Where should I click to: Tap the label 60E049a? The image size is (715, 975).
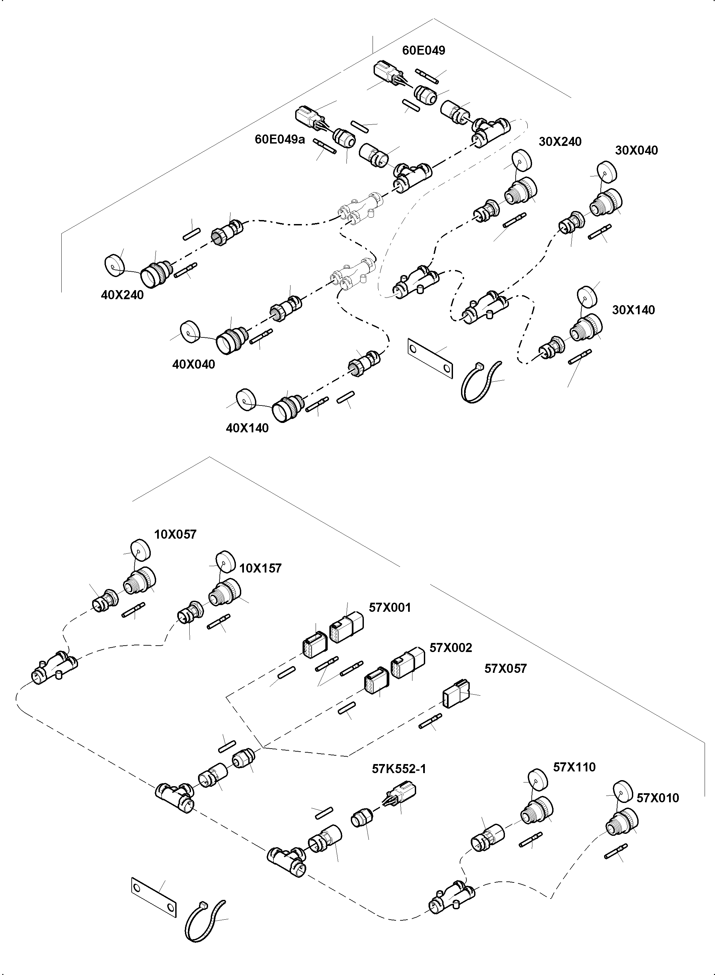279,140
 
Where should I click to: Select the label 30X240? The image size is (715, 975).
560,142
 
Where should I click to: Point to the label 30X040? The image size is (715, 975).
636,151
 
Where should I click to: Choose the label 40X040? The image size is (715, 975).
193,364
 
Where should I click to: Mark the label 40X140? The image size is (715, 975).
247,428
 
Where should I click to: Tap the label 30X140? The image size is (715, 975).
633,310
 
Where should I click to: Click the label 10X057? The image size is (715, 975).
175,535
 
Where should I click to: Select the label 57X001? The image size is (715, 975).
390,608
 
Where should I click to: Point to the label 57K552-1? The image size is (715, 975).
399,769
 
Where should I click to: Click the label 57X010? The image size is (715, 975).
657,798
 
